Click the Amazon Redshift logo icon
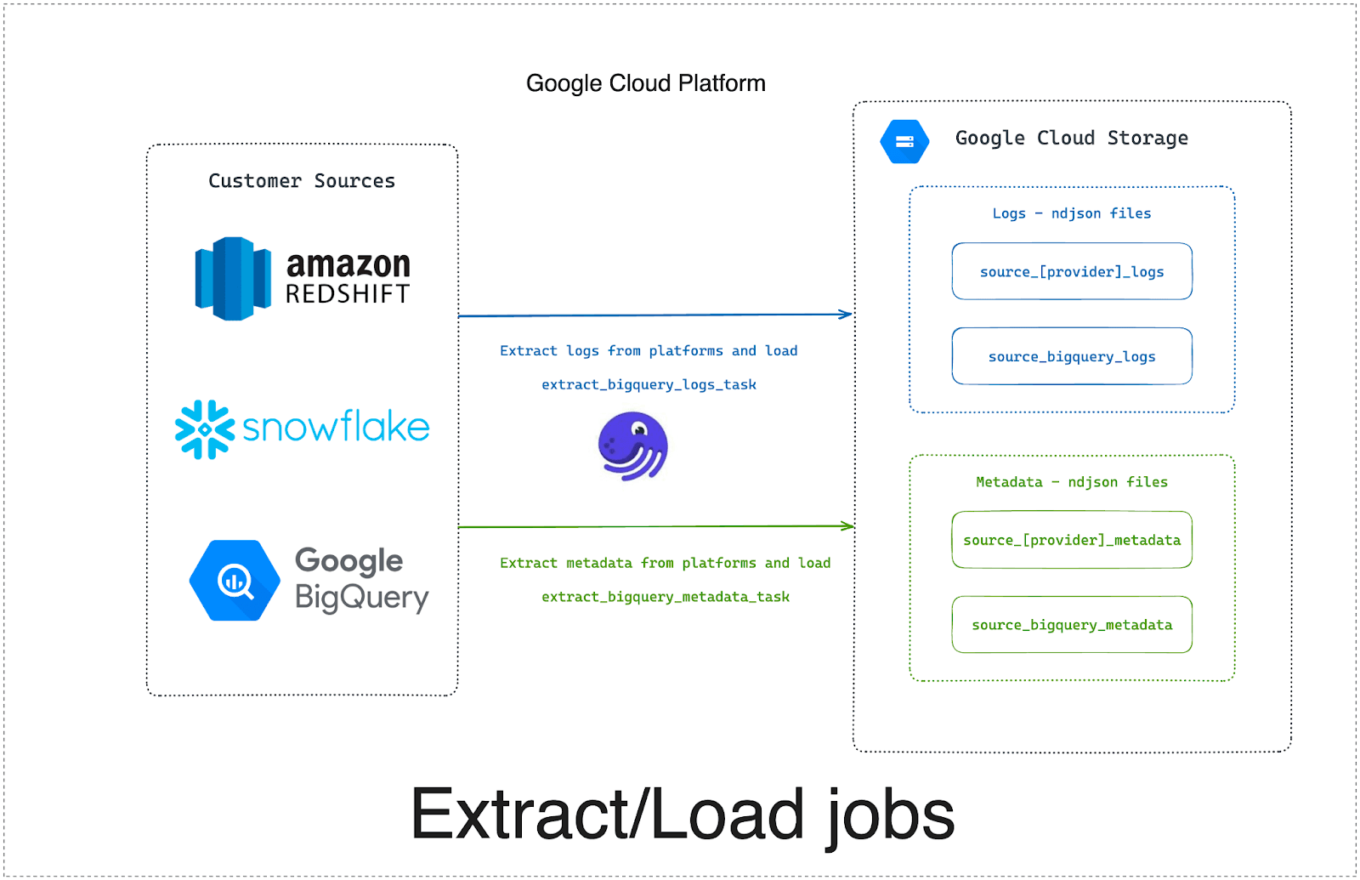point(233,279)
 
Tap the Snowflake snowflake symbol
point(204,429)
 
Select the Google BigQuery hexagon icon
point(235,581)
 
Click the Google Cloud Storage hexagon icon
point(904,141)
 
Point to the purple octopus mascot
point(633,446)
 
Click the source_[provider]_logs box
point(1072,271)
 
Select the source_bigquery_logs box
point(1072,356)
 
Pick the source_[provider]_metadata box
point(1072,540)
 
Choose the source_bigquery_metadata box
point(1072,625)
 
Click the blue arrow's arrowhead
point(847,314)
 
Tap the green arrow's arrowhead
point(848,526)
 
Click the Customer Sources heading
point(302,181)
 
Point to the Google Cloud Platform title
point(646,83)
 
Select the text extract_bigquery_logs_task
point(649,384)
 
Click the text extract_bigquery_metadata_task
point(666,597)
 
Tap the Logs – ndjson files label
point(1072,213)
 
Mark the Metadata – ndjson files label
point(1072,482)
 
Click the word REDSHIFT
point(348,294)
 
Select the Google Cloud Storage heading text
point(1072,138)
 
